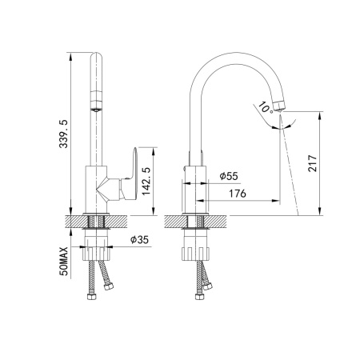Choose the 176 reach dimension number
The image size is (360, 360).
pyautogui.click(x=237, y=194)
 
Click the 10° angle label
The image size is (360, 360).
pyautogui.click(x=265, y=106)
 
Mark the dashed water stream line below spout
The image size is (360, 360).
pyautogui.click(x=288, y=168)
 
